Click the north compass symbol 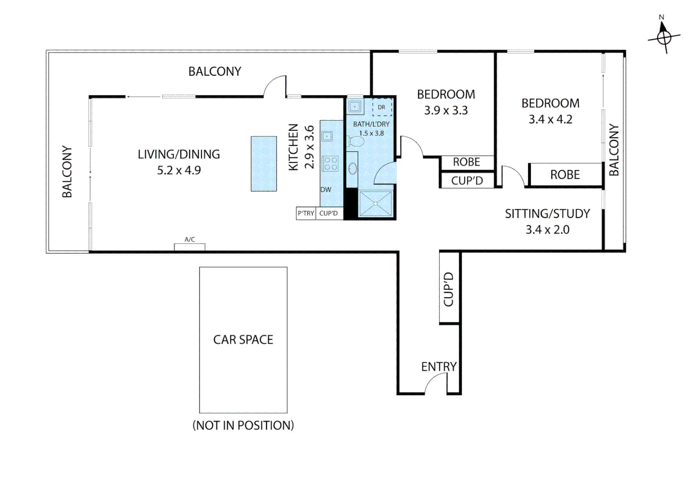coord(664,37)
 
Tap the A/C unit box coord(190,246)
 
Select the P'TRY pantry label coord(306,213)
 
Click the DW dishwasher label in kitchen coord(326,190)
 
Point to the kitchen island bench coord(264,164)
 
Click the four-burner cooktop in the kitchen coord(330,164)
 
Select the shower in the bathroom coord(375,203)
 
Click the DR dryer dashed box coord(382,107)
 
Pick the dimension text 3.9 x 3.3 coord(446,110)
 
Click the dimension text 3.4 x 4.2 coord(550,120)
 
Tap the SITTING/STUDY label coord(547,214)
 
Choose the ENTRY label coord(439,367)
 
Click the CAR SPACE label coord(243,340)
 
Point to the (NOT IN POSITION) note coord(243,426)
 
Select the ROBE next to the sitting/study coord(565,175)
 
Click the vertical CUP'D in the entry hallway coord(449,289)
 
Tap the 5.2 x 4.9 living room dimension coord(179,170)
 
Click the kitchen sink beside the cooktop coord(327,136)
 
